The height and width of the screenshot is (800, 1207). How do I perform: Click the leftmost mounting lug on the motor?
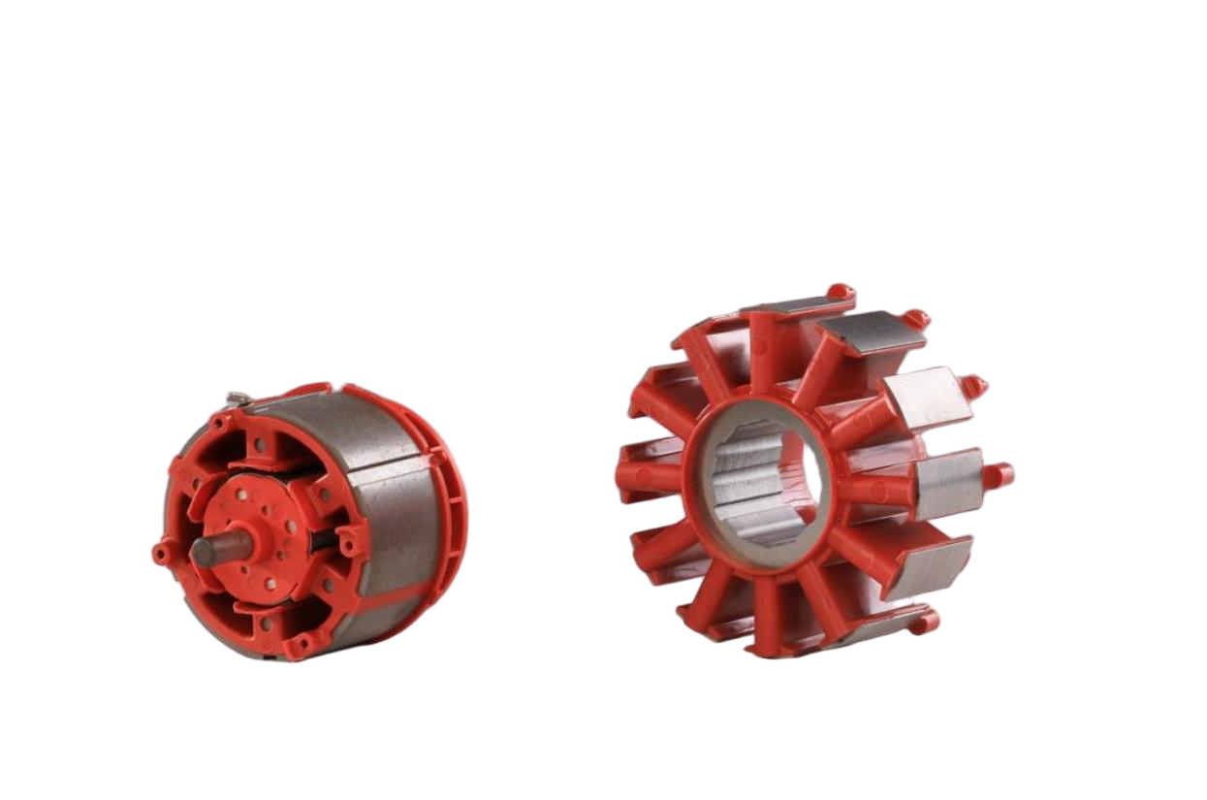coord(158,554)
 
